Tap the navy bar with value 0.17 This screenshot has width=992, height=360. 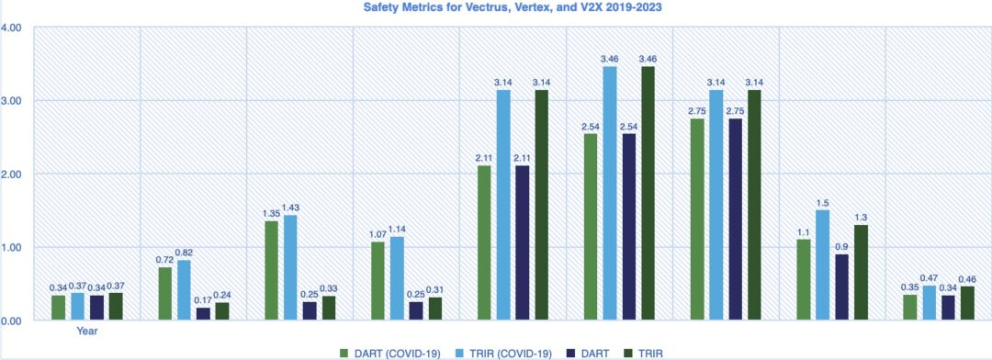point(203,314)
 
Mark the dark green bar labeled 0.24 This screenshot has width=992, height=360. point(222,311)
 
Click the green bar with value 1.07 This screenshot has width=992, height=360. point(378,281)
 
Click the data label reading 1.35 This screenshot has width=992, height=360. point(272,214)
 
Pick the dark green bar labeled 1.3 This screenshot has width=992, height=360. point(861,273)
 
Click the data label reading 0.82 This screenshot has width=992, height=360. point(185,253)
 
